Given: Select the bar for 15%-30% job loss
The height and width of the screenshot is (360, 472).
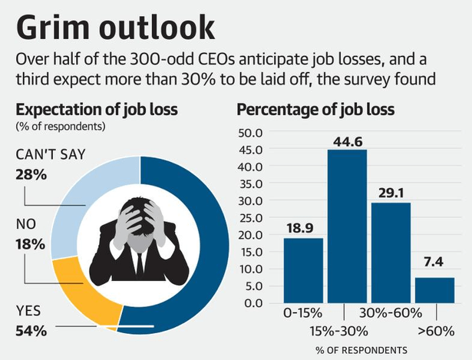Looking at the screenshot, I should (348, 226).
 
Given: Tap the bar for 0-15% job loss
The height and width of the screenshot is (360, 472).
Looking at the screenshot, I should (303, 270).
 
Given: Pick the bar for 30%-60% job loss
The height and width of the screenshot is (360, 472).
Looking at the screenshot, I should (391, 253).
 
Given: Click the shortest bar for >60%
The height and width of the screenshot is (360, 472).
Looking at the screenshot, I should (434, 289).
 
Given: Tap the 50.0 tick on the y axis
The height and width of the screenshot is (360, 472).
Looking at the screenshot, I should (251, 132).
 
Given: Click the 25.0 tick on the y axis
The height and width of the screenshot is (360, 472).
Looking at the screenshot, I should (251, 217).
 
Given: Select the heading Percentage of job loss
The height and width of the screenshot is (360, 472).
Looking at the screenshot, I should (315, 109).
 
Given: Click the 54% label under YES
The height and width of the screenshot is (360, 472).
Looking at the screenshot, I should (31, 332).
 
